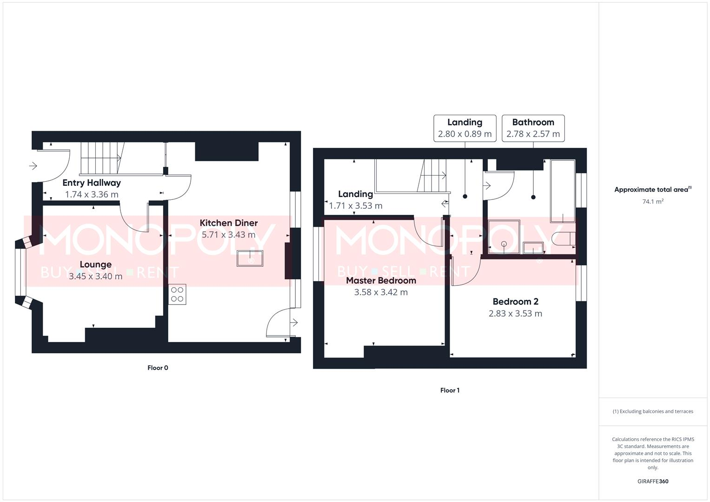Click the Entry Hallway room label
[x=92, y=183]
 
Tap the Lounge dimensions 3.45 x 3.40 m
[x=95, y=277]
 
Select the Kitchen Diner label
[x=228, y=223]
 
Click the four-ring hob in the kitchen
[x=177, y=294]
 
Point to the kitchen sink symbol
[x=250, y=258]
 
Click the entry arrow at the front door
[x=33, y=165]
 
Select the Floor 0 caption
[x=158, y=368]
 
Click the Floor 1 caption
[x=450, y=390]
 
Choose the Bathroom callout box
[x=533, y=128]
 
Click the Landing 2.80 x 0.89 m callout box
[x=464, y=128]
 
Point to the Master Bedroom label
[x=381, y=281]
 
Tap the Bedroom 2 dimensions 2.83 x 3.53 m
[x=515, y=314]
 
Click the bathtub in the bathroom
[x=563, y=191]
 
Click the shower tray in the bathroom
[x=504, y=237]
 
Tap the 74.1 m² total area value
[x=653, y=202]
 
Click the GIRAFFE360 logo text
[x=653, y=482]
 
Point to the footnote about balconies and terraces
[x=653, y=411]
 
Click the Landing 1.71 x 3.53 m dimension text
[x=356, y=206]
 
